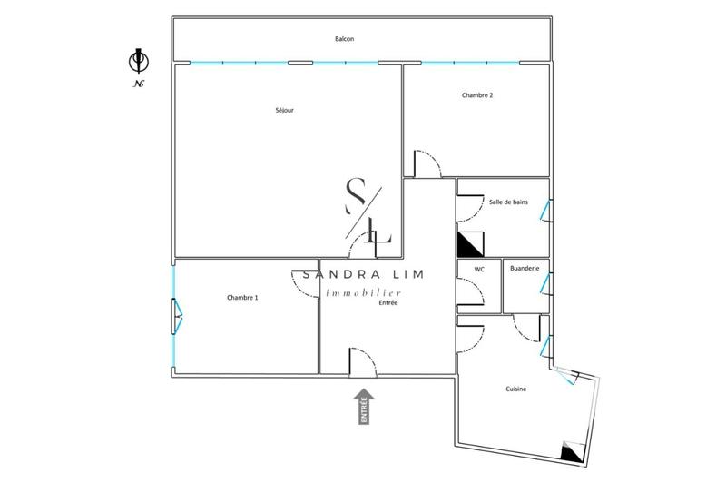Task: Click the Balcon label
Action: coord(344,39)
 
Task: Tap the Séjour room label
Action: coord(285,111)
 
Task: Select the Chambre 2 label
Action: coord(477,95)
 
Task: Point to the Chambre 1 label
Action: coord(242,298)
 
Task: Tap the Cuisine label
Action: coord(516,389)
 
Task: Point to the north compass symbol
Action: coord(138,62)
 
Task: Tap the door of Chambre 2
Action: coord(427,163)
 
